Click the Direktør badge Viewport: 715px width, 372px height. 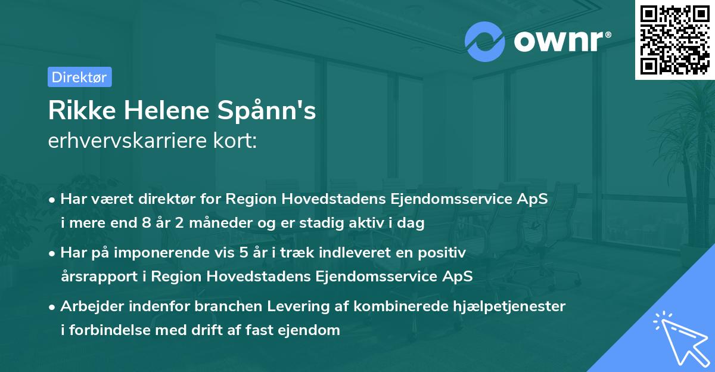(x=79, y=77)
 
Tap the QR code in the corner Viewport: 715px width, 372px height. (x=675, y=39)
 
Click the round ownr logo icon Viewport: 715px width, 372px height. (x=484, y=41)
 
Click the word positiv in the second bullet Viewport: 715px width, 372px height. (x=444, y=253)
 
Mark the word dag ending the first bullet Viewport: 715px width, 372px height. (x=412, y=224)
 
